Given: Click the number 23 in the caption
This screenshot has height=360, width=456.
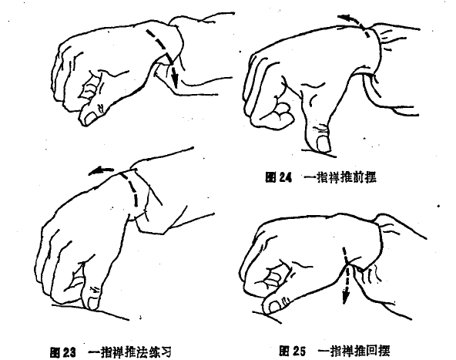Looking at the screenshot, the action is point(69,352).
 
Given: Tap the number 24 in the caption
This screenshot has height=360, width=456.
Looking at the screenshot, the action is point(285,177).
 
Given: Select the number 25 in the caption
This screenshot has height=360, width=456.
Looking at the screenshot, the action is point(299,351).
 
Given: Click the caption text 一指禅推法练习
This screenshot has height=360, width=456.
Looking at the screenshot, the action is point(129,352).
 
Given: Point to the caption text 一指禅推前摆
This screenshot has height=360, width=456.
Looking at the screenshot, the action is point(340,177).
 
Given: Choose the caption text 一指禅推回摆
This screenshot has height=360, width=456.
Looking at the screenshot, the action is point(354,351).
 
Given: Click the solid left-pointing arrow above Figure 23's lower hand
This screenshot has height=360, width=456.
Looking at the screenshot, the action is point(101,171).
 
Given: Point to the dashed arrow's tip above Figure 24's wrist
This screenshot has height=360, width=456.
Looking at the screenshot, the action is point(339,17).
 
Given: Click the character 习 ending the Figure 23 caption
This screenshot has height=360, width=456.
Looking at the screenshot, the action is point(165,352).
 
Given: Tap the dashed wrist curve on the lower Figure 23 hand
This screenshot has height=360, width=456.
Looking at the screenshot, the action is point(132,188).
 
